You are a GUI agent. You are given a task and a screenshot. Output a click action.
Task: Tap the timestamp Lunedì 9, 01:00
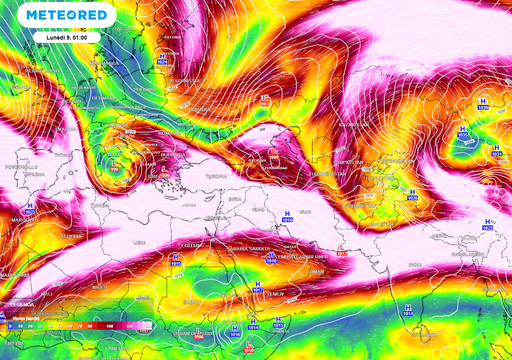click(68, 38)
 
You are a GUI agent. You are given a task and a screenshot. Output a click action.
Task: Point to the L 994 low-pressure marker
click(127, 130)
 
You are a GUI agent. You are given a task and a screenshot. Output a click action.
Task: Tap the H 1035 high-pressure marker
click(497, 150)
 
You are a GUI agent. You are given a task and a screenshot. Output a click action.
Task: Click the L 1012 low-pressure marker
click(343, 253)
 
